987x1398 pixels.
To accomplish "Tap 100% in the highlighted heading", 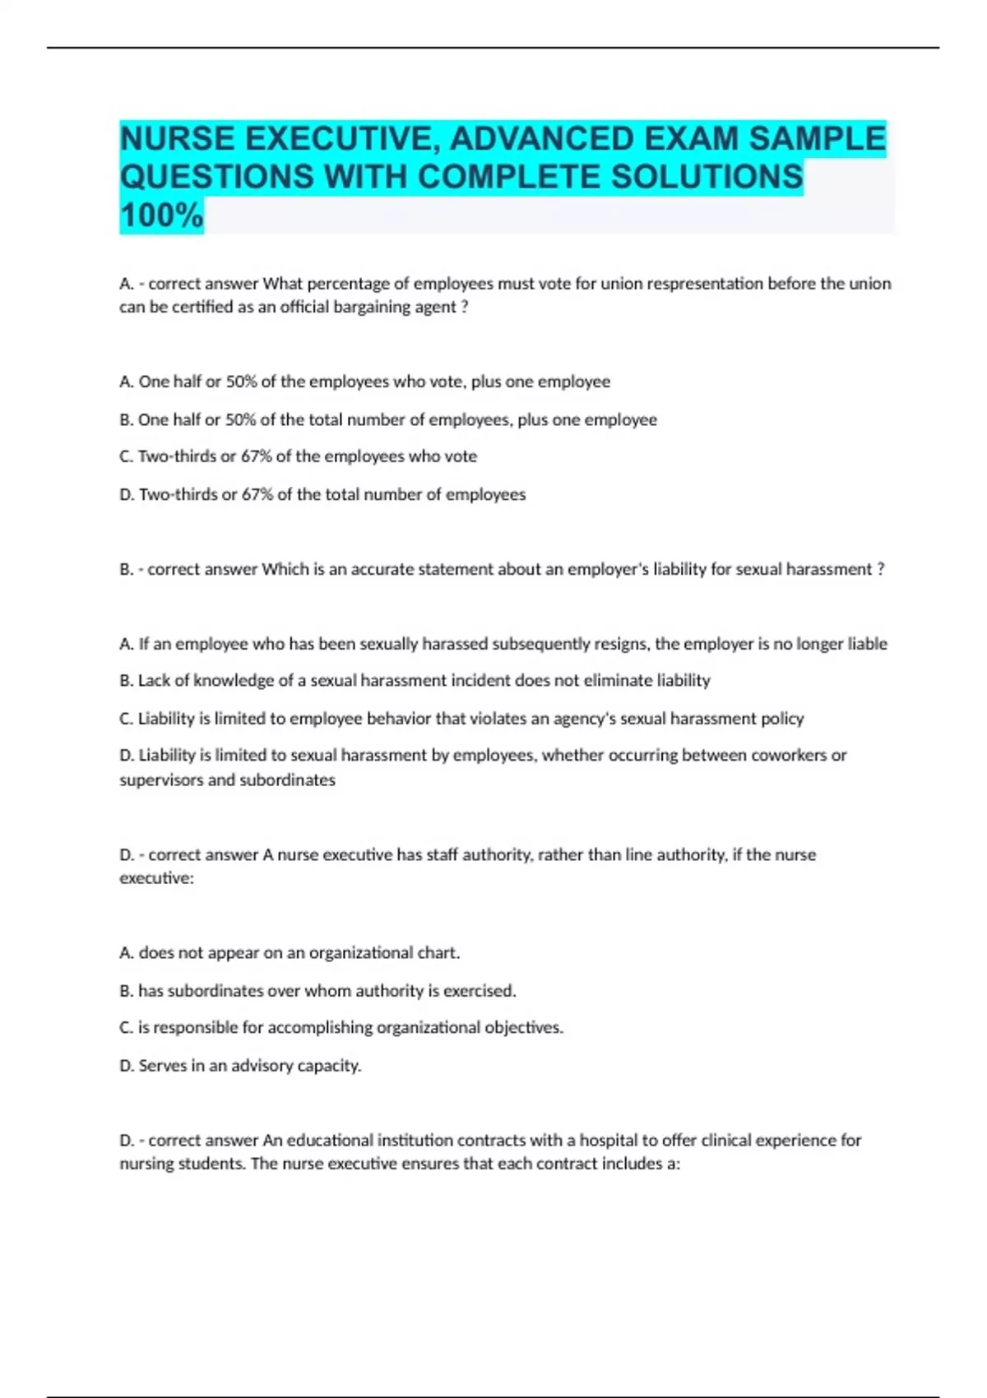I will click(x=161, y=216).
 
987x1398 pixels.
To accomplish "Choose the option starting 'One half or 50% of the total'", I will click(x=388, y=419).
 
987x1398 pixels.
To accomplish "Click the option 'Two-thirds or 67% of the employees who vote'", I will click(x=298, y=456).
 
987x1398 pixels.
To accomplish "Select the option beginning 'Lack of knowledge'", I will click(x=415, y=680).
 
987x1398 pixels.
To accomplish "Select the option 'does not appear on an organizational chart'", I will click(x=290, y=952).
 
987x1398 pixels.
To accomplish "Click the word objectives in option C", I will click(x=523, y=1027).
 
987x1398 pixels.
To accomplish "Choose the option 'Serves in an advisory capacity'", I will click(x=240, y=1065).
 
